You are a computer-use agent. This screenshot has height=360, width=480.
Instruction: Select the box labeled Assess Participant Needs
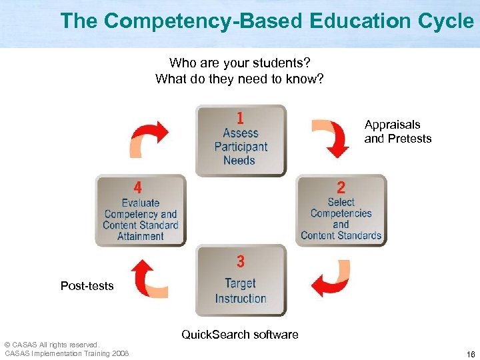[241, 140]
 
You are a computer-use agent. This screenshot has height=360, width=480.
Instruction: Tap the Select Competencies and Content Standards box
[341, 210]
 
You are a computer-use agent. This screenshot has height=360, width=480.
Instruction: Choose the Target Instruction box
[241, 280]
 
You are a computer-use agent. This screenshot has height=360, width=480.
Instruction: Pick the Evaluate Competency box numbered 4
[141, 210]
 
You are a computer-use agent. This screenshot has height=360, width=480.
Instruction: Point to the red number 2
[341, 187]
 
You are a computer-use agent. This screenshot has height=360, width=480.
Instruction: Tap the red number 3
[240, 261]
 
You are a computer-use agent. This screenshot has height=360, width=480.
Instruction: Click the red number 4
[137, 187]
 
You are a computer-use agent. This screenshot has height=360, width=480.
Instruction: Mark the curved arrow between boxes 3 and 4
[148, 278]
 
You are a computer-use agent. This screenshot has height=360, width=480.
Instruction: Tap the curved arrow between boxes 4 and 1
[149, 137]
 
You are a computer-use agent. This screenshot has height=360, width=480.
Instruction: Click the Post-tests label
[87, 286]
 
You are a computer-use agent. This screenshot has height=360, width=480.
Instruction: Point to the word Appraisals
[393, 125]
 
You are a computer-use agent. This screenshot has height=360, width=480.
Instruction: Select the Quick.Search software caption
[240, 334]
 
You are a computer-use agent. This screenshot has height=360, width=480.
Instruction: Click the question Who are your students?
[239, 63]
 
